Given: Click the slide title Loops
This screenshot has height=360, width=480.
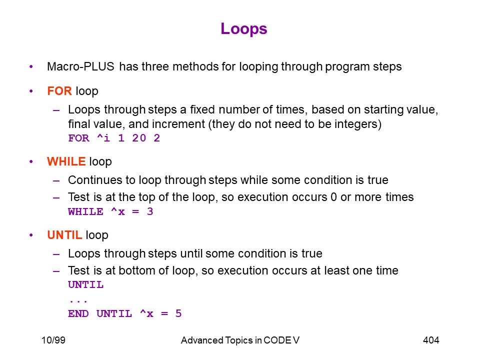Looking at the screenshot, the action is click(243, 29).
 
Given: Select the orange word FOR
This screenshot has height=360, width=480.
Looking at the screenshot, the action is click(59, 91).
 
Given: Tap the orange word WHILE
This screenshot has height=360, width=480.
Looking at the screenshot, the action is click(66, 161).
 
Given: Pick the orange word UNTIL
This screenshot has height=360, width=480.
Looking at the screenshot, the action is click(64, 235).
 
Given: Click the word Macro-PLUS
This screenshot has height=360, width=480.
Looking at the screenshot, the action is click(80, 66).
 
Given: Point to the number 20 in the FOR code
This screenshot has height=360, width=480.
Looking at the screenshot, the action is click(139, 138).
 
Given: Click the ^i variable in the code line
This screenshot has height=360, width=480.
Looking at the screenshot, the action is click(103, 138).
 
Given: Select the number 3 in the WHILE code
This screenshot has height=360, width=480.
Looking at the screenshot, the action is click(150, 211).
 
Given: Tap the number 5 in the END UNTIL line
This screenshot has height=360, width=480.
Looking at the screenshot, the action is click(178, 313).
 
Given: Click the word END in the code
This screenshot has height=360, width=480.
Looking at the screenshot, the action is click(78, 313).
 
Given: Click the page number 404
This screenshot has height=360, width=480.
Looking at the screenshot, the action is click(431, 340).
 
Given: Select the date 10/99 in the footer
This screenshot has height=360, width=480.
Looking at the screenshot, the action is click(53, 340).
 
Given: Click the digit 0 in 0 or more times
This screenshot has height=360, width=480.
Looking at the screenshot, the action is click(333, 197).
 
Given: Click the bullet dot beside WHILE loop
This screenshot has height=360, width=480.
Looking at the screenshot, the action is click(31, 161).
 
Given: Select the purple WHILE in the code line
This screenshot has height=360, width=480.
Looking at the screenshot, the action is click(85, 211).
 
